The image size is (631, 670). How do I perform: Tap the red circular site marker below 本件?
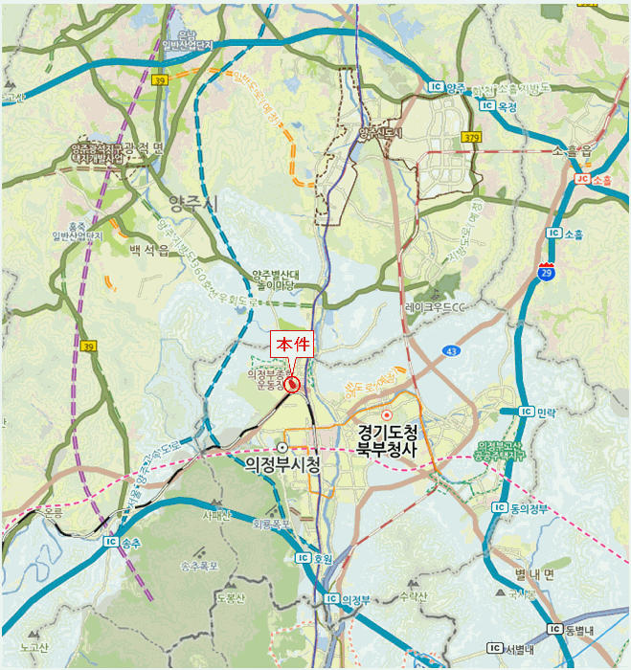pos(292,385)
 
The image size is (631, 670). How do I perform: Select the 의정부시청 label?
pos(282,464)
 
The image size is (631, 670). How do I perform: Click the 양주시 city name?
pos(193,203)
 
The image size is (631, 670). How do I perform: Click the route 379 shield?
pos(470,139)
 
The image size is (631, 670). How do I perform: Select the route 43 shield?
pos(450,352)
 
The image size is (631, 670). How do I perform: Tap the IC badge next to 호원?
pos(303,557)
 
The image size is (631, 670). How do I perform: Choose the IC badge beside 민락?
pos(526,411)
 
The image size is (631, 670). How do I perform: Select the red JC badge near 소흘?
pos(581,179)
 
